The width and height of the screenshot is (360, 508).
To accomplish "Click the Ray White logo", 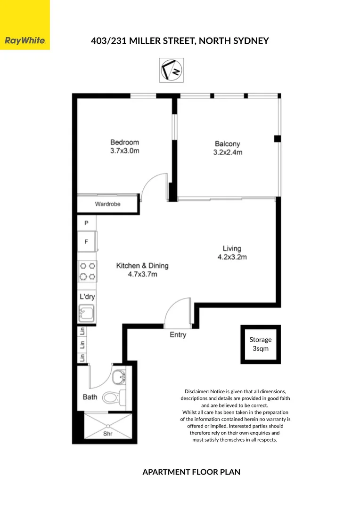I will (25, 41).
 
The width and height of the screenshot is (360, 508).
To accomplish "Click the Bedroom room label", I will (124, 142).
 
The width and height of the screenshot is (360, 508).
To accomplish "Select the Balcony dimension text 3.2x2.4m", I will (228, 152).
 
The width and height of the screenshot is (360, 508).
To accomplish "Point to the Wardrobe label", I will (108, 204).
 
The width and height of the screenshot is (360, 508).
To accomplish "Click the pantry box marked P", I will (86, 223).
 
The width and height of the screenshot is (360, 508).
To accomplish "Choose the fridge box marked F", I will (87, 242).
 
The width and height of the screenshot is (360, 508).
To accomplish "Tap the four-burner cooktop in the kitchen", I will (87, 271).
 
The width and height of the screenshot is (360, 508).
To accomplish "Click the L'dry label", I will (87, 297).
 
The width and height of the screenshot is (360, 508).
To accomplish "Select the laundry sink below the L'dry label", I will (87, 312).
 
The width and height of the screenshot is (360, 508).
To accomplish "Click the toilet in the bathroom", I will (111, 397).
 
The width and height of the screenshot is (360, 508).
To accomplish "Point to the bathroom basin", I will (118, 376).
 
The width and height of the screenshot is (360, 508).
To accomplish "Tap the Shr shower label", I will (107, 434).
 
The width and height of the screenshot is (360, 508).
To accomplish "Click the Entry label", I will (178, 335).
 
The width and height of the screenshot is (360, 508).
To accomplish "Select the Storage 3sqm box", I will (261, 344).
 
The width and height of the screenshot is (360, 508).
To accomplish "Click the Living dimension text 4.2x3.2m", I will (232, 257).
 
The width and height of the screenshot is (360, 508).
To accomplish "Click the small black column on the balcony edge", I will (278, 138).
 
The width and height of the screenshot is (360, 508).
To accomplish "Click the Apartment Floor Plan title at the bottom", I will (191, 472).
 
